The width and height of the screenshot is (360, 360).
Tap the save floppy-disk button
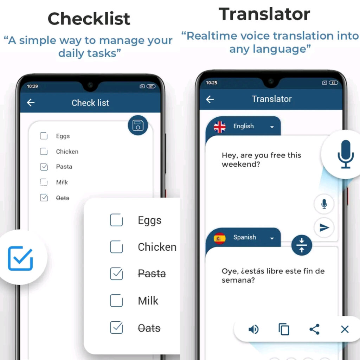click(138, 126)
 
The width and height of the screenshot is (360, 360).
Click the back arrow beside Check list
click(31, 103)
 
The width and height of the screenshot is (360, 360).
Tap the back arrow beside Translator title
click(210, 99)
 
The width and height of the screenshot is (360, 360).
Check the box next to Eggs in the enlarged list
click(116, 220)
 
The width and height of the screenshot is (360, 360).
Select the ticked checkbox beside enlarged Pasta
click(116, 274)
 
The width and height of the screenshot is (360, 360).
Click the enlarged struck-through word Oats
click(149, 328)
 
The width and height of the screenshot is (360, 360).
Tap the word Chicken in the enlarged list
click(157, 247)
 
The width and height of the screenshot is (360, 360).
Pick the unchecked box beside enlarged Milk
click(116, 301)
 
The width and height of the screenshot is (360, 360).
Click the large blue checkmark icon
click(20, 259)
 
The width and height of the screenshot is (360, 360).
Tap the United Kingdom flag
click(220, 127)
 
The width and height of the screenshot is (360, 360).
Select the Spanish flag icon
click(220, 238)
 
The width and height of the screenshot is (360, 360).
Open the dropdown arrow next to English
click(272, 127)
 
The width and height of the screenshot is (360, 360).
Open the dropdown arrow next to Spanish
click(272, 238)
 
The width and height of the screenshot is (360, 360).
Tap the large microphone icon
click(345, 154)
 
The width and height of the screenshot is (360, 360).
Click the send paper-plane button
click(324, 228)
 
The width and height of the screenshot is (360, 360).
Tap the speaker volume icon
click(253, 329)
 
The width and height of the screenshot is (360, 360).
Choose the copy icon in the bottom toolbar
click(284, 329)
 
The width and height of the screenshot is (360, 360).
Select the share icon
click(314, 329)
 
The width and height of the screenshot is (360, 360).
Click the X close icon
click(345, 329)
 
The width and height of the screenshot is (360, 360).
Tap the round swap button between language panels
click(302, 245)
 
